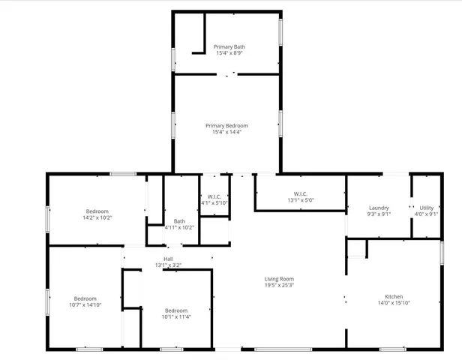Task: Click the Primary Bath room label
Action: tap(229, 46)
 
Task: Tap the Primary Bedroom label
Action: tap(227, 125)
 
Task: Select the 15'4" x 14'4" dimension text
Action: tap(227, 133)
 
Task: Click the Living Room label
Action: tap(278, 278)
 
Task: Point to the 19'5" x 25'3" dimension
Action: tap(278, 286)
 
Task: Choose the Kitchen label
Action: tap(394, 295)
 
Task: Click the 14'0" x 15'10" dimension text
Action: tap(394, 303)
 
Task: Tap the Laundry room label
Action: tap(378, 208)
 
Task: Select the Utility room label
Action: tap(426, 208)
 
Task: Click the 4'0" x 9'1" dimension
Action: tap(426, 214)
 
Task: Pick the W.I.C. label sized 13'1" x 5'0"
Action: tap(299, 193)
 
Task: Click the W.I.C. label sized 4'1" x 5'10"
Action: tap(214, 196)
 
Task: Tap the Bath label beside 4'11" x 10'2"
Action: tap(179, 220)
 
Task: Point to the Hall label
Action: tap(168, 259)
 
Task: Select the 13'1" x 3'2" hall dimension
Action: tap(168, 265)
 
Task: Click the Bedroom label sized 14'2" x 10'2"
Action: tap(97, 211)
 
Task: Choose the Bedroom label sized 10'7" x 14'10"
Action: tap(85, 298)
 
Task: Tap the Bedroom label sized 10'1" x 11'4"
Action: tap(175, 310)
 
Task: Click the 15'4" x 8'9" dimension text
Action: tap(229, 53)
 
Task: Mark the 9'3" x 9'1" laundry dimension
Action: tap(378, 214)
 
